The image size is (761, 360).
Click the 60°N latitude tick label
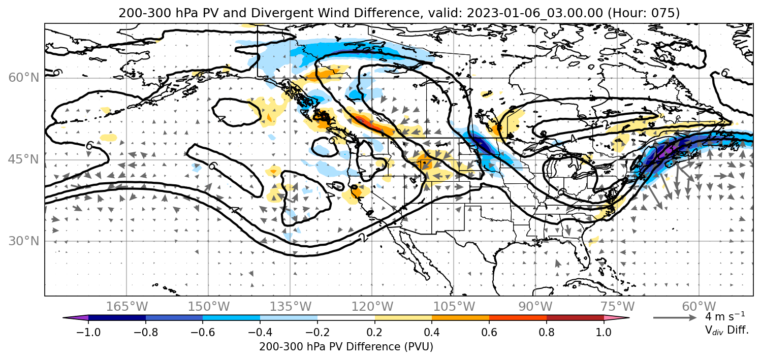click(23, 78)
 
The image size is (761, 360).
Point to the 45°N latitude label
click(23, 159)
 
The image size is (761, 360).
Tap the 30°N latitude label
click(23, 241)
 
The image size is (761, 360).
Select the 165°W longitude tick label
click(126, 307)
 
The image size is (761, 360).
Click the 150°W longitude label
click(208, 307)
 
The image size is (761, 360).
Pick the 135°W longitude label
click(290, 307)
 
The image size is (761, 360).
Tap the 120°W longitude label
click(372, 307)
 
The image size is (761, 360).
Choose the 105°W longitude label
click(454, 307)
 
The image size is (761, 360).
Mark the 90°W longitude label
click(535, 307)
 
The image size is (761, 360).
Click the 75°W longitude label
click(617, 307)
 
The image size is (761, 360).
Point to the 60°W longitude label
click(699, 307)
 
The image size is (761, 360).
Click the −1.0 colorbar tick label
click(88, 332)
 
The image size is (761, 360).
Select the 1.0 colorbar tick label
click(604, 332)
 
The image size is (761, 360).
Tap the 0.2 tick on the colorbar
click(375, 332)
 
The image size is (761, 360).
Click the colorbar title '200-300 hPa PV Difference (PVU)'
click(346, 347)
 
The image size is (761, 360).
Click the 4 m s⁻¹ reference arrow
click(675, 318)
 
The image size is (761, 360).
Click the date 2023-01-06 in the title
click(497, 13)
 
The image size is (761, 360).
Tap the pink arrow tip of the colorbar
click(617, 318)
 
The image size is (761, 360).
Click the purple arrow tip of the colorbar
click(76, 318)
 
